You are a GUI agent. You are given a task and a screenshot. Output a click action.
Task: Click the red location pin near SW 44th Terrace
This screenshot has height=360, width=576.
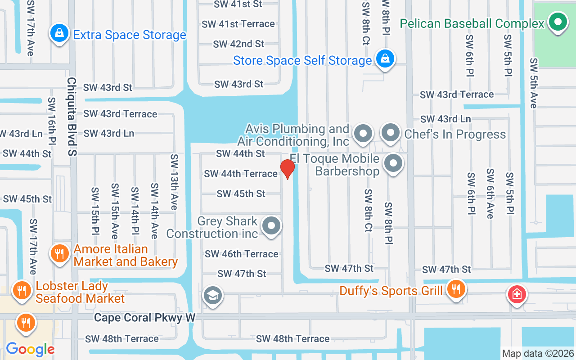point(287,169)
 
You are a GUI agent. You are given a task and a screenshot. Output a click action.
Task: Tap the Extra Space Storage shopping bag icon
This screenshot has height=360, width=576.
point(59,33)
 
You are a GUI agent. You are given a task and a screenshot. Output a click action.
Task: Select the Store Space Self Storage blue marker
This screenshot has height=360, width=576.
point(385,59)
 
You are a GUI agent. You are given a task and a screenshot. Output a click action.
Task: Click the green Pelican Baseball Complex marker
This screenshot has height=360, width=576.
point(558,22)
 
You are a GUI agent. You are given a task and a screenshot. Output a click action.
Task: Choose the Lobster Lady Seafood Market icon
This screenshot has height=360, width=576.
point(21,289)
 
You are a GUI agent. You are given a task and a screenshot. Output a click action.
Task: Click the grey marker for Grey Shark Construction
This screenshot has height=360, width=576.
point(271,226)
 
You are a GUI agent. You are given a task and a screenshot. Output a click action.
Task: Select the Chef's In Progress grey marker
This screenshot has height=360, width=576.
point(390,133)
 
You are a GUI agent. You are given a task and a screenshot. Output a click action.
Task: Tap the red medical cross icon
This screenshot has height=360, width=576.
point(517,295)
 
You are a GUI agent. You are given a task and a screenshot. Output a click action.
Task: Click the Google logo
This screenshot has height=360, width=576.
point(30,349)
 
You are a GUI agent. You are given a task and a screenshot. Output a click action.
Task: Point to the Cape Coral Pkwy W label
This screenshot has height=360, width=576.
point(144,318)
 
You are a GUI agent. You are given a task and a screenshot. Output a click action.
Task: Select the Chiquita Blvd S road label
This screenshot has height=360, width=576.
point(72,117)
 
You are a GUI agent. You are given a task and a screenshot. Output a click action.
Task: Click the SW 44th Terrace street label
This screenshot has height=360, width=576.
point(241,174)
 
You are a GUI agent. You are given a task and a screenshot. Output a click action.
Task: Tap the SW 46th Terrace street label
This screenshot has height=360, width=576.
point(242,254)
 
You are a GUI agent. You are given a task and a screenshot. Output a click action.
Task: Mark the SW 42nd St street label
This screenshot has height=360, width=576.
point(238,44)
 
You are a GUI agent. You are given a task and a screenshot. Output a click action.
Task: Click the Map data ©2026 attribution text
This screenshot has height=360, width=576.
point(538,353)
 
